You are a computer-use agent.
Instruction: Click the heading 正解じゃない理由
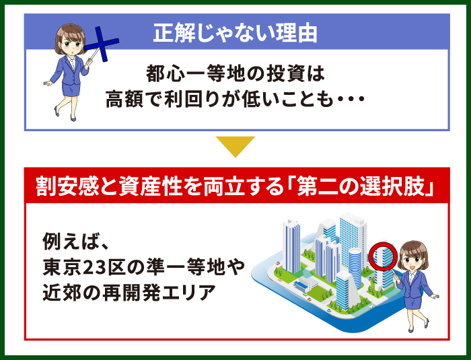tap(235, 32)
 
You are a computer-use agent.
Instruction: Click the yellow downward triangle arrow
tap(235, 147)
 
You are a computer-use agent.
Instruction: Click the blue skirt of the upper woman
tap(71, 89)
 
